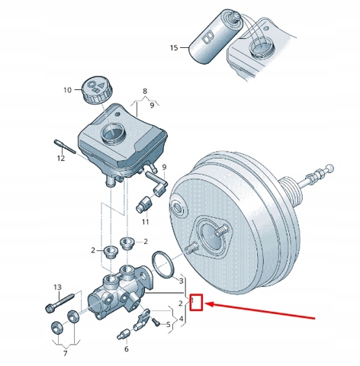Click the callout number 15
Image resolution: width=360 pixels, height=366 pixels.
[x=174, y=48]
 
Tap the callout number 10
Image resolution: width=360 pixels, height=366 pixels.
[x=68, y=90]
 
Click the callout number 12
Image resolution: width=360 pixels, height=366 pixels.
[x=61, y=159]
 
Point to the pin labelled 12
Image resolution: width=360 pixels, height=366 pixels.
[x=65, y=146]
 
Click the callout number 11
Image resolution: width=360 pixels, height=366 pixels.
[x=145, y=222]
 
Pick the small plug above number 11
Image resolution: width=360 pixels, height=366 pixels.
[x=143, y=204]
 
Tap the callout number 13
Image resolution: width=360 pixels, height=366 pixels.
[x=58, y=287]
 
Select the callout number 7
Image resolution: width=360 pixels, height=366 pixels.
[x=66, y=353]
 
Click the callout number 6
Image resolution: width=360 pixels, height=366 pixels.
[x=127, y=349]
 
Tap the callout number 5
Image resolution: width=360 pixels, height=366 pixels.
[x=169, y=325]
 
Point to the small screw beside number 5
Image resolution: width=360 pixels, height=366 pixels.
[x=156, y=322]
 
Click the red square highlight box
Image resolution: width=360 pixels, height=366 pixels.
[x=197, y=303]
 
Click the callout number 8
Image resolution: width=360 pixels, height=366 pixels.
[x=145, y=91]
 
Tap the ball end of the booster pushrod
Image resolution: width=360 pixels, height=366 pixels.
[x=329, y=168]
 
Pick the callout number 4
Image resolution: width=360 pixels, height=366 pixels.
[x=181, y=319]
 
